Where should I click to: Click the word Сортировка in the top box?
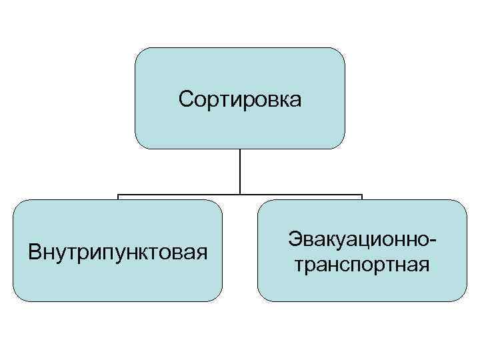(240, 100)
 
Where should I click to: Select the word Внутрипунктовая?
(118, 253)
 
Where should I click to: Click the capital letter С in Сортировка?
(186, 100)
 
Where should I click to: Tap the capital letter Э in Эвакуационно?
(294, 239)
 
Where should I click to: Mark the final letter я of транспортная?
(423, 266)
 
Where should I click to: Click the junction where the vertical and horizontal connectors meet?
(240, 195)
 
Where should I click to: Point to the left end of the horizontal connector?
(119, 196)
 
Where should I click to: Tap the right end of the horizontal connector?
(361, 196)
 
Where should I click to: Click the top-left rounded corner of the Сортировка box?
(141, 53)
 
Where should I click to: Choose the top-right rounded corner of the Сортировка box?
(339, 53)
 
